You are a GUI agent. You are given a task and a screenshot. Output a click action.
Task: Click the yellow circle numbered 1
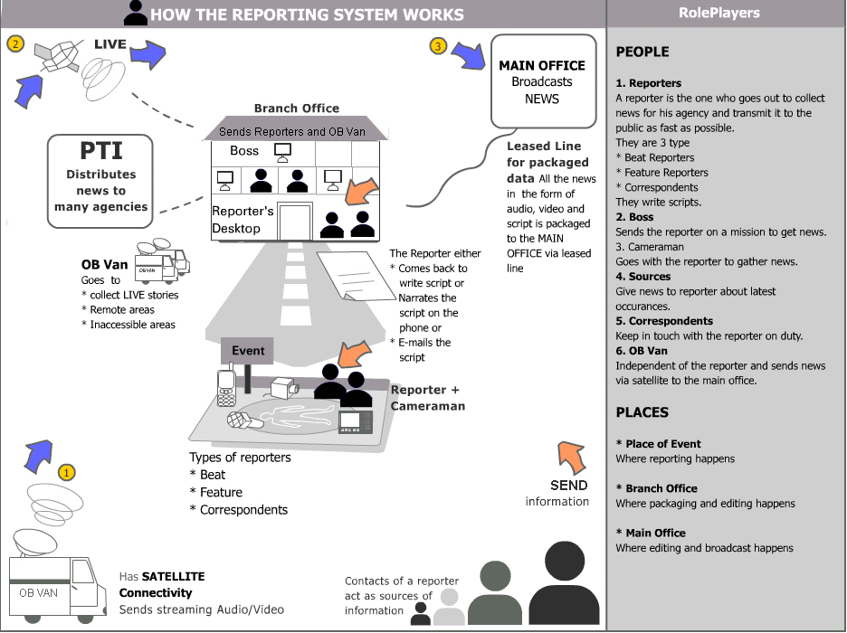tap(66, 473)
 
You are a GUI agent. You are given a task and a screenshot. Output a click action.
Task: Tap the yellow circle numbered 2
tap(15, 43)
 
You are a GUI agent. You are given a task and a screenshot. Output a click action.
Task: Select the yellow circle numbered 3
tap(438, 46)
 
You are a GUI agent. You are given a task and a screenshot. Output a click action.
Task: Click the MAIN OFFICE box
tap(544, 81)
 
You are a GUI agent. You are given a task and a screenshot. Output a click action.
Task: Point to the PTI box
tap(100, 182)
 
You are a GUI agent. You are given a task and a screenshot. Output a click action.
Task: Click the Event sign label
tap(247, 351)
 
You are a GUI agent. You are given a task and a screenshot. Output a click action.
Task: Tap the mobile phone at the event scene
tap(226, 384)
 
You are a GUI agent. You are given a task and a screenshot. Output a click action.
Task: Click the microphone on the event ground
tap(244, 420)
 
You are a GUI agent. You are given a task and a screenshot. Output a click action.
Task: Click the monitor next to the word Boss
tap(282, 152)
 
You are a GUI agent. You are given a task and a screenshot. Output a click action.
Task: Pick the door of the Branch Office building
tap(295, 221)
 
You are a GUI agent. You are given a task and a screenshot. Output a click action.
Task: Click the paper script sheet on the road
tap(356, 275)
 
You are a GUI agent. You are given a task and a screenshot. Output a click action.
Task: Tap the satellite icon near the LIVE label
tap(57, 56)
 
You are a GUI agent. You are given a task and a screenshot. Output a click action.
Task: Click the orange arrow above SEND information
tap(572, 457)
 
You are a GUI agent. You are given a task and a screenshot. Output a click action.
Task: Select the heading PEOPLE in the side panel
tap(642, 52)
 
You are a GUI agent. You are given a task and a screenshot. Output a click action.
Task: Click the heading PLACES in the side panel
tap(642, 412)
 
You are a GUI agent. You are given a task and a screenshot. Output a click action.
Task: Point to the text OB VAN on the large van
tap(38, 592)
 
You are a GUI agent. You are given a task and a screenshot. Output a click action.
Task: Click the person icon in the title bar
tap(136, 13)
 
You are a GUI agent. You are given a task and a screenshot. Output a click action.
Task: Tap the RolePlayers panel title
tap(719, 13)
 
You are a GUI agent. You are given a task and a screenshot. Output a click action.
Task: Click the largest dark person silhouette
tap(564, 584)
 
